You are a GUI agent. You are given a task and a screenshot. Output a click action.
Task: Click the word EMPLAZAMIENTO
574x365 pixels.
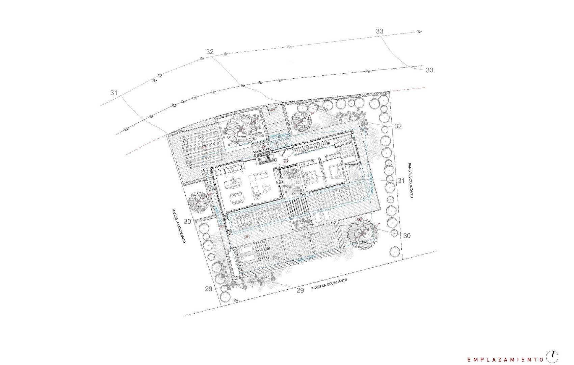(504, 359)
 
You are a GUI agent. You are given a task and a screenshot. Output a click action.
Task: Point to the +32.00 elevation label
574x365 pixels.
(321, 109)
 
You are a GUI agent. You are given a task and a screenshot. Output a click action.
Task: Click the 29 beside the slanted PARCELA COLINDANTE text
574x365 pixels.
(300, 290)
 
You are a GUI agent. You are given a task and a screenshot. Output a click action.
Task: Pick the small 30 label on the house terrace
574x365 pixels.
(303, 221)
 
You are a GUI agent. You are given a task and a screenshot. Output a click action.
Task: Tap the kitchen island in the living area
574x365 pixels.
(233, 183)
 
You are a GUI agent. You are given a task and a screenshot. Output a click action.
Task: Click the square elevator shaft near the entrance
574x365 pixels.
(263, 157)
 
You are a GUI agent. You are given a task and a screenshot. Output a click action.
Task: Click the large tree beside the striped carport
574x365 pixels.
(240, 129)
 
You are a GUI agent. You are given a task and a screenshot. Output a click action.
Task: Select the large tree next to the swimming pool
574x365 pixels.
(362, 233)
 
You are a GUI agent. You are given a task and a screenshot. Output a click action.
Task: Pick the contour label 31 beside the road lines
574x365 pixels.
(114, 93)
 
